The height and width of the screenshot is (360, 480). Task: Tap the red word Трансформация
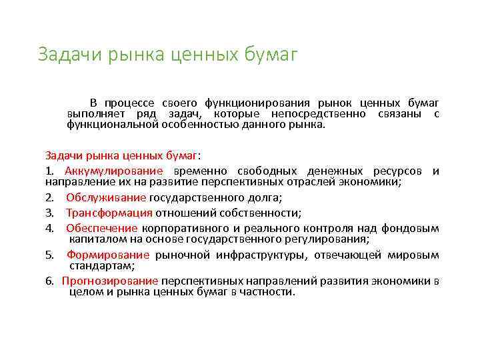click(x=109, y=213)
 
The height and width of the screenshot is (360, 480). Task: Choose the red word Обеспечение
click(x=103, y=229)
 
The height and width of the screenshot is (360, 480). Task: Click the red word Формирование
click(x=108, y=255)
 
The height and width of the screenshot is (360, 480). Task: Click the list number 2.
click(x=49, y=197)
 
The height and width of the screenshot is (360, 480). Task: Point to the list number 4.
click(x=49, y=229)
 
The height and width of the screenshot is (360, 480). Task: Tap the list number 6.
click(x=49, y=281)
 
